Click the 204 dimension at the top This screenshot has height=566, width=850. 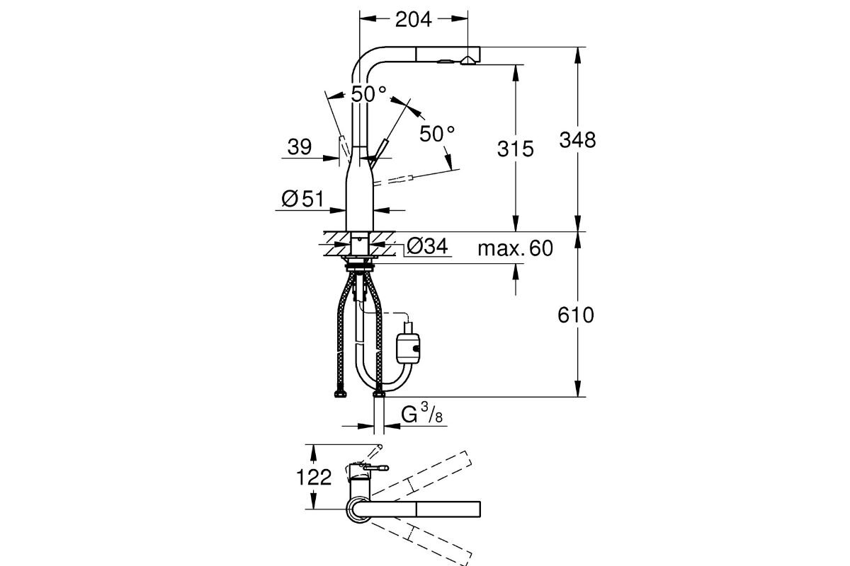414,20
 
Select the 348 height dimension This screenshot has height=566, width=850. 577,139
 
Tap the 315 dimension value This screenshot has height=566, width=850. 515,149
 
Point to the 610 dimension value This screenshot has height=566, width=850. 575,316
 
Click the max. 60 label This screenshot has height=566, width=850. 514,248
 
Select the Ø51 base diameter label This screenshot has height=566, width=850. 302,200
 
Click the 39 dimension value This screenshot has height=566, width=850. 300,147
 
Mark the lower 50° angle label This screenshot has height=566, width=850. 436,133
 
